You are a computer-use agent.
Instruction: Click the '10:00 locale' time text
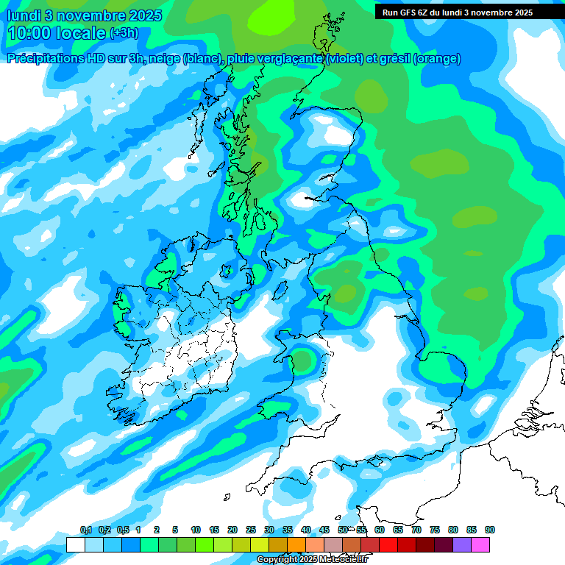pyautogui.click(x=56, y=33)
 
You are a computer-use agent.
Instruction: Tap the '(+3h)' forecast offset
pyautogui.click(x=123, y=33)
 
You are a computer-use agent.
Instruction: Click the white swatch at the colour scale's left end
pyautogui.click(x=75, y=544)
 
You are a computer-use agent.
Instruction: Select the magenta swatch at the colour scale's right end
pyautogui.click(x=480, y=544)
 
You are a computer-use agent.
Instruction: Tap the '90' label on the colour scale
pyautogui.click(x=490, y=530)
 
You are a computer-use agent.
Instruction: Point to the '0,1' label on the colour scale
pyautogui.click(x=85, y=530)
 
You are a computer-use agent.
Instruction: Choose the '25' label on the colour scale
pyautogui.click(x=251, y=530)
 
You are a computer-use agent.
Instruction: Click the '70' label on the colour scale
pyautogui.click(x=416, y=530)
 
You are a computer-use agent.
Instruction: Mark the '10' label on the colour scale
pyautogui.click(x=196, y=530)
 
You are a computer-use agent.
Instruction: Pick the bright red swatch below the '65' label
pyautogui.click(x=388, y=544)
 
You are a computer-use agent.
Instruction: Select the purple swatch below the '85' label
pyautogui.click(x=462, y=544)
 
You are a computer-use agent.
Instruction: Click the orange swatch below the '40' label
pyautogui.click(x=296, y=544)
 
